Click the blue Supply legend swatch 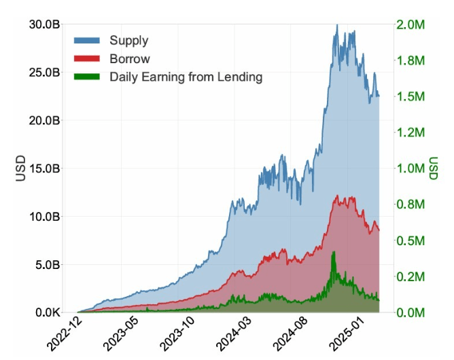click(x=88, y=41)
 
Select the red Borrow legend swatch click(x=88, y=59)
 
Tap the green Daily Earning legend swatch click(x=88, y=77)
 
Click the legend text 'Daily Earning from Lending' click(x=186, y=77)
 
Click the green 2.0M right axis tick click(x=411, y=24)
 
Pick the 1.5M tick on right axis click(x=411, y=96)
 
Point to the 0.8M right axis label click(x=411, y=204)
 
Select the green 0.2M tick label click(x=411, y=277)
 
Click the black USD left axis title click(x=20, y=168)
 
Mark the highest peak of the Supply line click(x=336, y=25)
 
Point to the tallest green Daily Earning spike click(x=333, y=252)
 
